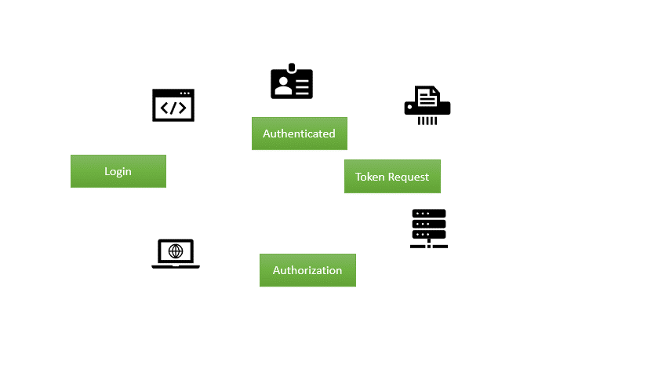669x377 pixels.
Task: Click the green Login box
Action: click(x=118, y=171)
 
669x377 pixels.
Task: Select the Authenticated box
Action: click(x=299, y=134)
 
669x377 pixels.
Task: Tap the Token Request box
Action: click(x=392, y=177)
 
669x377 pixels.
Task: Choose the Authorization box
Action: click(x=307, y=270)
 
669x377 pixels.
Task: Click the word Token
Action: click(x=370, y=177)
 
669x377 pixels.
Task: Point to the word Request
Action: click(x=409, y=178)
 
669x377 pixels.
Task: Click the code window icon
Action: click(x=173, y=105)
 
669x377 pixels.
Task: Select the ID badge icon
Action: click(x=292, y=82)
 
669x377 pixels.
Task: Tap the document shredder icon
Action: click(x=427, y=105)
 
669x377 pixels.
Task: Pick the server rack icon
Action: click(x=429, y=228)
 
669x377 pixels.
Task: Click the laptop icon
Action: click(x=176, y=254)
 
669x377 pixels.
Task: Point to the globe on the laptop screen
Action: click(x=176, y=251)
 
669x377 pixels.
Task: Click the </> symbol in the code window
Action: click(x=173, y=109)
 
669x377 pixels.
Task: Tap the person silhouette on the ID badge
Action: click(x=281, y=85)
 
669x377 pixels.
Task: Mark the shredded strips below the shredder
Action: click(x=427, y=120)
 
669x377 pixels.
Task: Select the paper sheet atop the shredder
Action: click(x=427, y=97)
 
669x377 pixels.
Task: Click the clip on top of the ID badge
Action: click(x=292, y=68)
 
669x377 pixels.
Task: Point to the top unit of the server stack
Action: click(x=429, y=214)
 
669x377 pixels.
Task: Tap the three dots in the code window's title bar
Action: click(x=186, y=93)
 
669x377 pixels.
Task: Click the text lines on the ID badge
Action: click(x=302, y=84)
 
